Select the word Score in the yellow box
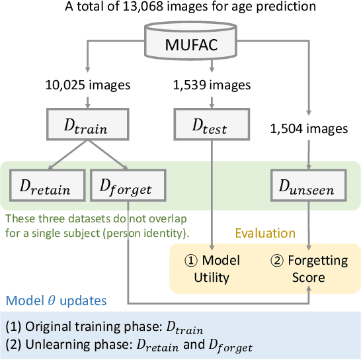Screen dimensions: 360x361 pyautogui.click(x=309, y=277)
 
